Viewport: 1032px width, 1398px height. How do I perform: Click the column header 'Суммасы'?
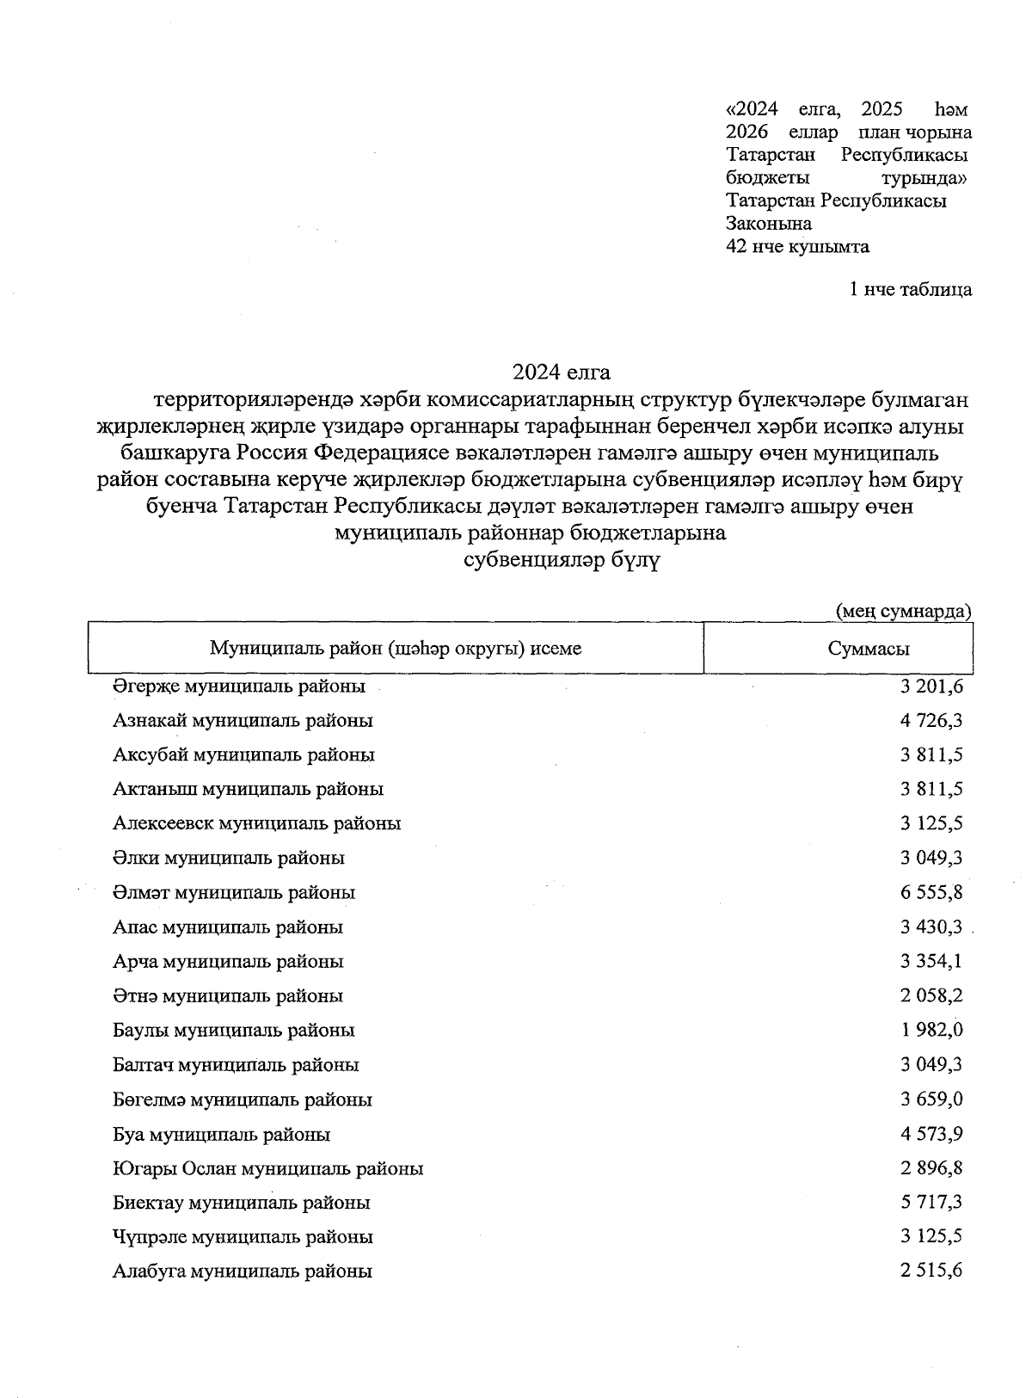869,649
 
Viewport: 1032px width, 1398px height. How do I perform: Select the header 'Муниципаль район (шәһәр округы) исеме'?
396,648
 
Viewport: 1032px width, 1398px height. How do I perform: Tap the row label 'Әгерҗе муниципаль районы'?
239,687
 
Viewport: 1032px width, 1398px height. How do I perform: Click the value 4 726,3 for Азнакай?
931,720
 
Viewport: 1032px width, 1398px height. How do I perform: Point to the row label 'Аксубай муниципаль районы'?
243,754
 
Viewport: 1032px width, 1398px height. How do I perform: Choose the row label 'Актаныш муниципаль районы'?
248,789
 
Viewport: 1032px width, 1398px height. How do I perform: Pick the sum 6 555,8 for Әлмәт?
931,892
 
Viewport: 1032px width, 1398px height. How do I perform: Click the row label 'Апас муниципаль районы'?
228,927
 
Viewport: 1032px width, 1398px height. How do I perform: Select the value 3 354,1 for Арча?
931,961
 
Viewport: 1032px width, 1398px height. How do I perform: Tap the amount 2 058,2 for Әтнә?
931,995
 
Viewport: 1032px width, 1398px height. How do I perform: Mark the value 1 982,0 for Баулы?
931,1030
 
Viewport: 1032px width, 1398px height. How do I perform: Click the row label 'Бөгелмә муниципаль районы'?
243,1099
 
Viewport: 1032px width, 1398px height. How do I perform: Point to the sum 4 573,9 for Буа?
931,1134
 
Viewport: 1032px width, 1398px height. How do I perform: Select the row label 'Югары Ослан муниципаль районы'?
267,1168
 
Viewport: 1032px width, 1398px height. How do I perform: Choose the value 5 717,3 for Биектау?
931,1202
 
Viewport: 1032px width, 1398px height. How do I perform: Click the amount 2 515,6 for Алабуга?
931,1271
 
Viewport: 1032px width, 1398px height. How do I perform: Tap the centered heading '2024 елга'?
562,373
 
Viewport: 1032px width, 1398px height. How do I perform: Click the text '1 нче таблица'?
911,289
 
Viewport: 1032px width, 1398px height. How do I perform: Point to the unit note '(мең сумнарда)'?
904,611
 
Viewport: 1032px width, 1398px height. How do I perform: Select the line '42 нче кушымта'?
797,247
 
